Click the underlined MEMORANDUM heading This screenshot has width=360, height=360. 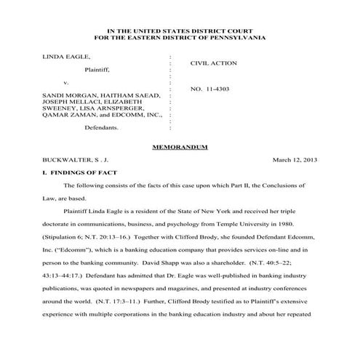(x=180, y=147)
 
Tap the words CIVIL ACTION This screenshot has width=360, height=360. (x=213, y=63)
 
